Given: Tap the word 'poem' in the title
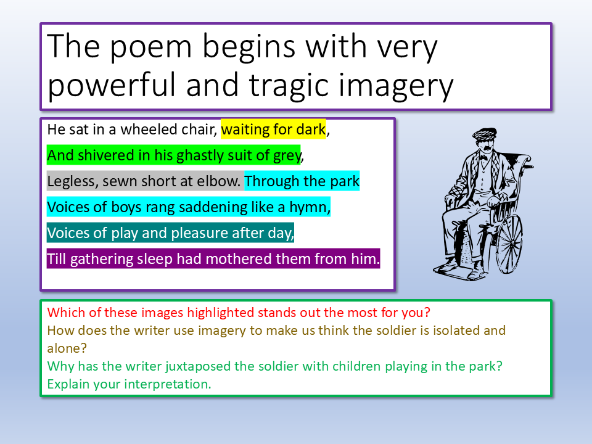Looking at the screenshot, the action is tap(151, 47).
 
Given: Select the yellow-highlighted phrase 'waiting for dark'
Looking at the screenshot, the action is tap(273, 129).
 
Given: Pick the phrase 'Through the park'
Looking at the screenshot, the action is tap(302, 181).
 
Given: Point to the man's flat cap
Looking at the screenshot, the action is tap(485, 134).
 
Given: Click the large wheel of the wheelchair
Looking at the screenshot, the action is tap(510, 244).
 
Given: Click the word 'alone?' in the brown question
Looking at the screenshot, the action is tap(67, 348).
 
